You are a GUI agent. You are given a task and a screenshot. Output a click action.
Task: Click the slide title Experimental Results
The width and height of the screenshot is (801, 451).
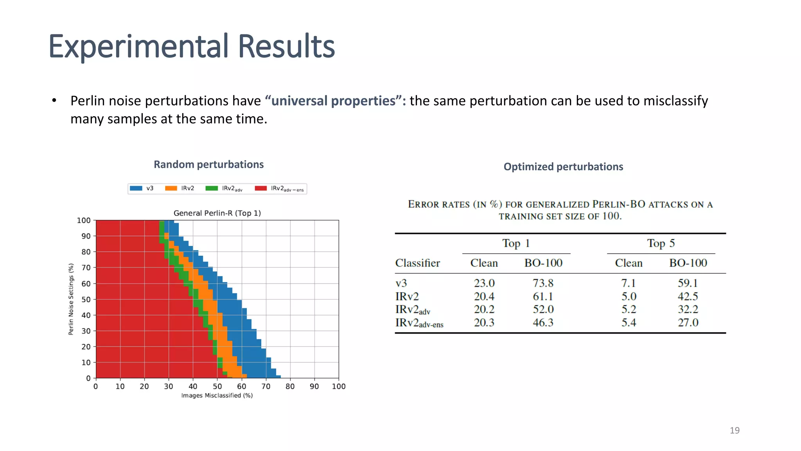click(192, 46)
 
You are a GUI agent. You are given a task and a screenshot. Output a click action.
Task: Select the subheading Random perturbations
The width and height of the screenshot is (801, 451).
click(208, 164)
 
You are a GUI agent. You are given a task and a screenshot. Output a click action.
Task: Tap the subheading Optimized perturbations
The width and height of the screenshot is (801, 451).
click(563, 167)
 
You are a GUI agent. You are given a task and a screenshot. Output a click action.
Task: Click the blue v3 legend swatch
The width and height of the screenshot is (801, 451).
click(136, 188)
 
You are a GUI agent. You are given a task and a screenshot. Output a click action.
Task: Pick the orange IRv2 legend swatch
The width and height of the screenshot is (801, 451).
click(171, 188)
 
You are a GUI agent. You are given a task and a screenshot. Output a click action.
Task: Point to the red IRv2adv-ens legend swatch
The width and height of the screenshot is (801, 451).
click(260, 188)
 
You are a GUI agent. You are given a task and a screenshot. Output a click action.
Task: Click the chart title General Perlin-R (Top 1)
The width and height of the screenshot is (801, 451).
click(217, 213)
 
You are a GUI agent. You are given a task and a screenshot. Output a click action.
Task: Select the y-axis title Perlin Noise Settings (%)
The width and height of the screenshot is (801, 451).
click(71, 299)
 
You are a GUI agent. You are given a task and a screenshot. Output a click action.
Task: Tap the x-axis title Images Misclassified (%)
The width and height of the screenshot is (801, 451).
click(217, 395)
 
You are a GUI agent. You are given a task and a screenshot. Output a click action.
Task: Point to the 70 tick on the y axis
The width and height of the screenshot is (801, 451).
click(86, 268)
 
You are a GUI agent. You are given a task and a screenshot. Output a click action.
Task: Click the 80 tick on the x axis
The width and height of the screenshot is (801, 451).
click(290, 386)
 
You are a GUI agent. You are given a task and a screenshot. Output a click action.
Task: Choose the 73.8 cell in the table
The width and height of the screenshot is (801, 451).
click(543, 283)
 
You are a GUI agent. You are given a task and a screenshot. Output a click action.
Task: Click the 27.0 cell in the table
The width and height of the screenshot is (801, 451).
click(688, 323)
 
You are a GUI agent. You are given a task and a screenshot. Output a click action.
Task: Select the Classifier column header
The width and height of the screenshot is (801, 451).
click(417, 263)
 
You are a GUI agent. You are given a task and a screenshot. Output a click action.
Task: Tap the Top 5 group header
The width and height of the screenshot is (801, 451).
click(661, 243)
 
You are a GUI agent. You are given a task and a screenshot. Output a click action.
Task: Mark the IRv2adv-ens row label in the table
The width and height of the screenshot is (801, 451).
click(419, 323)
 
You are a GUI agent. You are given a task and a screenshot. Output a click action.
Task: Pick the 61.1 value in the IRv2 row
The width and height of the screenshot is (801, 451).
click(543, 296)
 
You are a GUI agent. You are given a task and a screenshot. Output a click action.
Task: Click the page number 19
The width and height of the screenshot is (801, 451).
click(735, 430)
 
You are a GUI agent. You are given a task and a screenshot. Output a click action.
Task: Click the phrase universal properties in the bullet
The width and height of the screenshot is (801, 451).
click(333, 101)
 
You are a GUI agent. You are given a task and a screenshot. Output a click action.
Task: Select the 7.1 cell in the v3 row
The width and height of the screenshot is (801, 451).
click(629, 283)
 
